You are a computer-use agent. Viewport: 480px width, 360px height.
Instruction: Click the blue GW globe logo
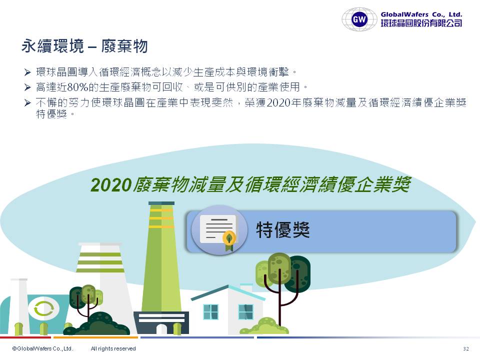coord(359,19)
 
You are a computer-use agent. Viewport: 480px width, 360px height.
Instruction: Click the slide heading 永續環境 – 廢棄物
coord(84,46)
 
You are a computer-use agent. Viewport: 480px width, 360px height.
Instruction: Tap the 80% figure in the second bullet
coord(77,87)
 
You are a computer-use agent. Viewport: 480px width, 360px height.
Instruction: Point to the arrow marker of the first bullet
coord(27,72)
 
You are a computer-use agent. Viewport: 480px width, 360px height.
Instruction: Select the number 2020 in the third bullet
coord(278,102)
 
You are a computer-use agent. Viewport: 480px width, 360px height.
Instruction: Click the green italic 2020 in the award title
coord(111,185)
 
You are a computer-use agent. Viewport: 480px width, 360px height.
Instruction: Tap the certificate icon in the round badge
coord(218,230)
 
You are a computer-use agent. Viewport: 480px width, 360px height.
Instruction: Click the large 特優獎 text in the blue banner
coord(283,230)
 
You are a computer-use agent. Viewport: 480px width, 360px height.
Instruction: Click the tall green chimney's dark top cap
coord(161,203)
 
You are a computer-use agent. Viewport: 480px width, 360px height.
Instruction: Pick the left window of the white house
coord(211,311)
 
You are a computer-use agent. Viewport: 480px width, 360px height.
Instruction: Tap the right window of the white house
coord(246,311)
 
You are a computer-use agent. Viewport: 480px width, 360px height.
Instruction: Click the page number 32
coord(466,348)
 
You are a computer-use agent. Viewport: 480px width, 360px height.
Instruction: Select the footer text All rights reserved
coord(113,348)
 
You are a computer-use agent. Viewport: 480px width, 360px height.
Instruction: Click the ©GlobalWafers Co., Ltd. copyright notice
coord(42,348)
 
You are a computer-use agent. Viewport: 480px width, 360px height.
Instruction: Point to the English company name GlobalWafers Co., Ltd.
coord(421,14)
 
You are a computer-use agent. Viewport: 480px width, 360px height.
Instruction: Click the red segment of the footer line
coord(25,337)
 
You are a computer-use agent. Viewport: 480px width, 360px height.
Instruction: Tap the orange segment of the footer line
coord(96,337)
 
